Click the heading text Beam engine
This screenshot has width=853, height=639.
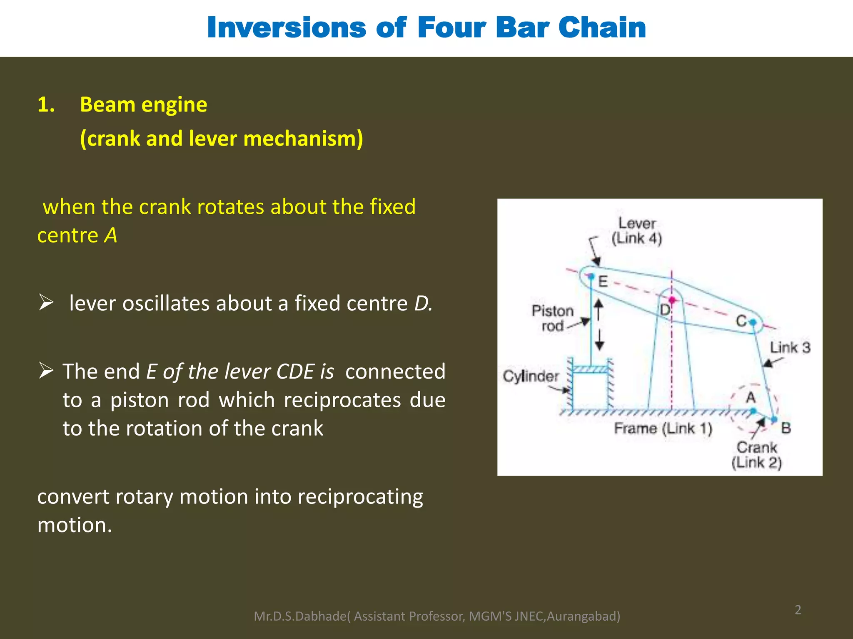coord(143,104)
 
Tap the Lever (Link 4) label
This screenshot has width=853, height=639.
coord(636,231)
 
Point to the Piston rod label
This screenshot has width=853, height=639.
coord(553,318)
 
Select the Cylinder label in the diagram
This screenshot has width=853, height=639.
coord(531,376)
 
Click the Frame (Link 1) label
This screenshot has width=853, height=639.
coord(663,428)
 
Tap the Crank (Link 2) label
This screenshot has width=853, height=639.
coord(757,455)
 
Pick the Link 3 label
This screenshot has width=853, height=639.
coord(790,347)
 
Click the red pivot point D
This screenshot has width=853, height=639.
coord(672,300)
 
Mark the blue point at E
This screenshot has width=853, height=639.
coord(591,276)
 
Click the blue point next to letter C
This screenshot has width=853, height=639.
coord(753,322)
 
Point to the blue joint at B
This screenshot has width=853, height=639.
coord(774,420)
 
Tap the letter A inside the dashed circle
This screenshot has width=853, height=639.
coord(751,398)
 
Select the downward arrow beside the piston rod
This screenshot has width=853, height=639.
coord(599,340)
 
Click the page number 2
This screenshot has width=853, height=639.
coord(798,610)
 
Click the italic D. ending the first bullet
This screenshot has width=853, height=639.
coord(423,303)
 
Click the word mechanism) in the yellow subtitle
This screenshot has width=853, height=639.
coord(303,139)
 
